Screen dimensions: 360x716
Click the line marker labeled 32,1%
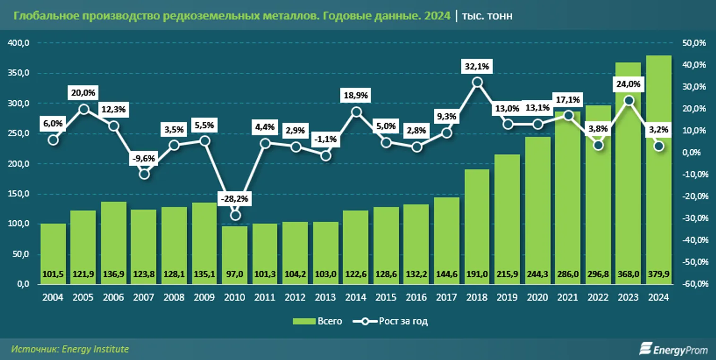(477, 82)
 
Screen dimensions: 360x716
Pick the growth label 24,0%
(628, 85)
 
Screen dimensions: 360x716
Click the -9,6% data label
(144, 159)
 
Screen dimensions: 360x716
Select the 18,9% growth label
(356, 95)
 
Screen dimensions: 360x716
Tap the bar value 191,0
(477, 274)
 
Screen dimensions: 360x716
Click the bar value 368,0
(628, 274)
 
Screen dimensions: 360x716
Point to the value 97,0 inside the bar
(234, 274)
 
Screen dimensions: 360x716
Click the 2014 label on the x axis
(356, 298)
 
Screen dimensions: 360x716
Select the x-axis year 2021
(568, 298)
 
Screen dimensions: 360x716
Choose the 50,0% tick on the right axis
(694, 43)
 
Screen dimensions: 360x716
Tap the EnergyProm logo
(673, 350)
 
